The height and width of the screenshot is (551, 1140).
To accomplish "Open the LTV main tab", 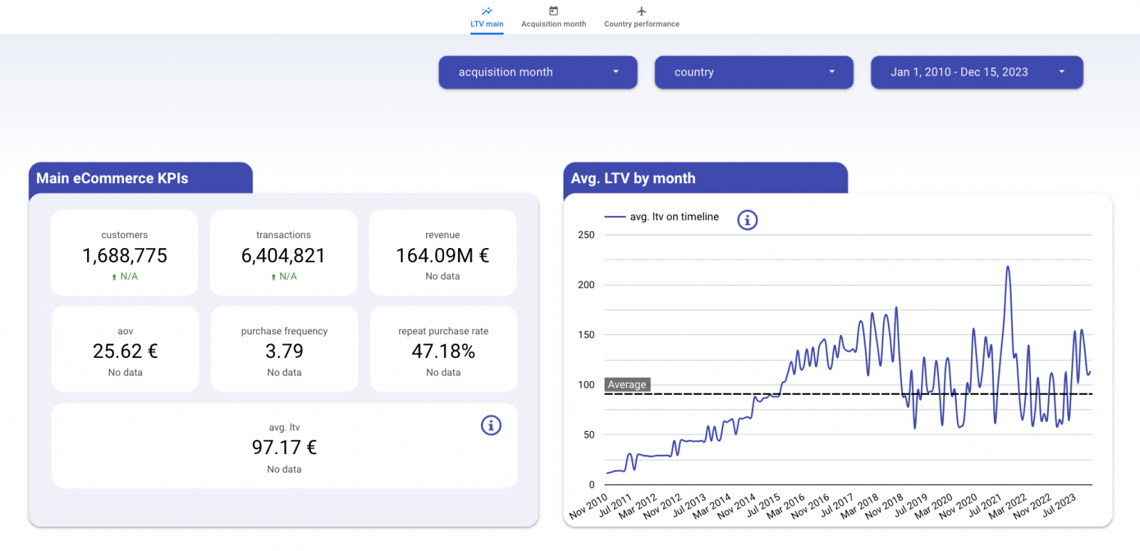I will tap(487, 18).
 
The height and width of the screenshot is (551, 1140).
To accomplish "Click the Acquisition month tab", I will tap(554, 18).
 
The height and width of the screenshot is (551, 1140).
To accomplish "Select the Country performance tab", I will tap(641, 18).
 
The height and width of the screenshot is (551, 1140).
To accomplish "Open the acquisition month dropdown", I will tap(538, 72).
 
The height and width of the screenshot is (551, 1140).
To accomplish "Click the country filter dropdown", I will tap(754, 72).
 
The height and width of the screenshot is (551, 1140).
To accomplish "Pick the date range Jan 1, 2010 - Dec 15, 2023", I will tap(977, 72).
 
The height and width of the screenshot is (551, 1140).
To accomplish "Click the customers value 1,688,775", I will tap(125, 255).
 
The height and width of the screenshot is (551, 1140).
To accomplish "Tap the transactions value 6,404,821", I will tap(284, 255).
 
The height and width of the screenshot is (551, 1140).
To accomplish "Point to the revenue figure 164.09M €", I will tap(442, 255).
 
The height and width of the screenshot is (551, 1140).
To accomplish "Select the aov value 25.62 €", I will tap(125, 351).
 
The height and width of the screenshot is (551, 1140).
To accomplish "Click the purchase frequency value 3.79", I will tap(284, 351).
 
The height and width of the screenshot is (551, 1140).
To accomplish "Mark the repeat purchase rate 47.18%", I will tap(443, 351).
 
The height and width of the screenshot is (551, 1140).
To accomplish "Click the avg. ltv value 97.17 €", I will tap(284, 448).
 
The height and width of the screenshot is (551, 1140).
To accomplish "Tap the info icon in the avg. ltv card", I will tap(491, 426).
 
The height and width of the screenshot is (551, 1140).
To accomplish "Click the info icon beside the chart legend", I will tap(747, 220).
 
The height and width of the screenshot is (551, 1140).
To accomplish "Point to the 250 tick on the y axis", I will tap(586, 235).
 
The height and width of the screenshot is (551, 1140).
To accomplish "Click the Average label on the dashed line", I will tap(627, 385).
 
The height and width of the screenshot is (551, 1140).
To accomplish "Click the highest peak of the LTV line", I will tap(1007, 267).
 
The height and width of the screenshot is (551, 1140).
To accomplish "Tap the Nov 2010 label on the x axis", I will tap(589, 505).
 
